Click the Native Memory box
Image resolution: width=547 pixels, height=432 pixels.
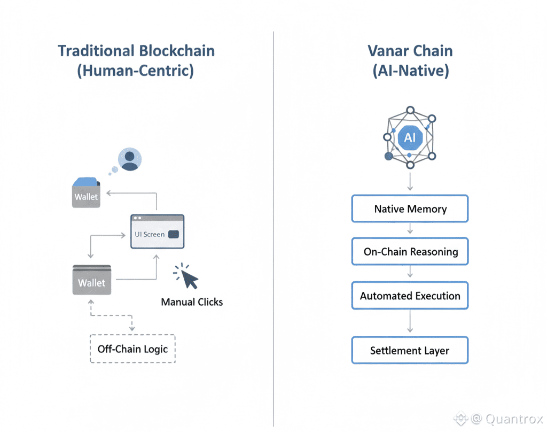[x=410, y=209]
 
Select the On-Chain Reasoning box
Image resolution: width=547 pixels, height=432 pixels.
[x=410, y=251]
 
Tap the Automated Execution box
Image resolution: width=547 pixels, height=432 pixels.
[x=410, y=296]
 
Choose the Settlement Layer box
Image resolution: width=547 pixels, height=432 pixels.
[x=410, y=350]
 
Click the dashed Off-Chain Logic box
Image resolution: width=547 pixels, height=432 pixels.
[x=132, y=349]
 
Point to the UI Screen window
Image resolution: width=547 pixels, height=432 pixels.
[x=157, y=232]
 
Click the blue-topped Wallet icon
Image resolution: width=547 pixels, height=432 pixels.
[x=86, y=192]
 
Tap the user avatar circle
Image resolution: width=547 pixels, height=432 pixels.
[x=130, y=159]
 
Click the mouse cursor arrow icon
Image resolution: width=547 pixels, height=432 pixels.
[x=189, y=278]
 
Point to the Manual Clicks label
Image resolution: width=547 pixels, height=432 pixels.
[x=192, y=302]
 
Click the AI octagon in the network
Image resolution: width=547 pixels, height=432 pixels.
[x=410, y=137]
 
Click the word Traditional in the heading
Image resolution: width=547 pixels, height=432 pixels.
[x=96, y=51]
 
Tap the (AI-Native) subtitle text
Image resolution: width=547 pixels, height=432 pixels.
[x=410, y=71]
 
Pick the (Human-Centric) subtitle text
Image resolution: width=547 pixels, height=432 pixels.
[x=135, y=71]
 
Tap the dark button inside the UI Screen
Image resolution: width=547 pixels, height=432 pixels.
[x=174, y=235]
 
